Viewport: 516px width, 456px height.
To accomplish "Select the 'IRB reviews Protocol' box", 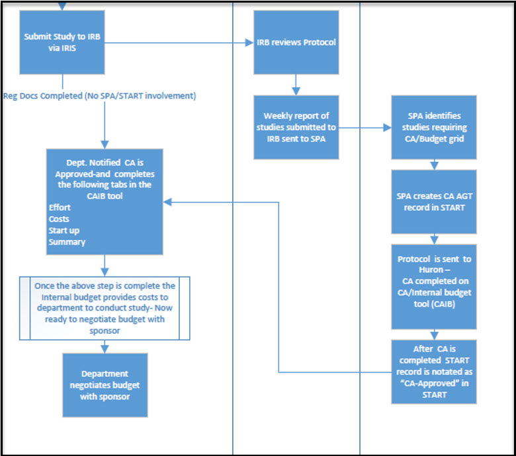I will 296,42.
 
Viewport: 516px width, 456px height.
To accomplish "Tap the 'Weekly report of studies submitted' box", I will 296,127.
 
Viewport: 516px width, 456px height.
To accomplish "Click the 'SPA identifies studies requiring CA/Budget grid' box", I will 433,127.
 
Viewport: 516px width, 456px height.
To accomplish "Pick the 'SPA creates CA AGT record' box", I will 433,202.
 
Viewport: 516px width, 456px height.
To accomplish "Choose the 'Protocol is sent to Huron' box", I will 433,287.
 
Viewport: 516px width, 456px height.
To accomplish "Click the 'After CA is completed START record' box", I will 433,371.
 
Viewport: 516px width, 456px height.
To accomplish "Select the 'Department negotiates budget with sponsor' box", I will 105,385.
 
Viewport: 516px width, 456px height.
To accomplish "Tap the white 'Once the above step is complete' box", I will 105,308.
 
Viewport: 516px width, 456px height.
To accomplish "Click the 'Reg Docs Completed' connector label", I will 99,96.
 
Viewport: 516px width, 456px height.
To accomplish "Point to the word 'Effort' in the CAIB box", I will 60,208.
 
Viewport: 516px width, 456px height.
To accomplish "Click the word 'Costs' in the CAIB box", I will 59,219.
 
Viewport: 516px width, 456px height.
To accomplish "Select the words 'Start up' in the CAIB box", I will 62,230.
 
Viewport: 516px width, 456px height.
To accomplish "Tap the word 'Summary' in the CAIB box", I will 67,242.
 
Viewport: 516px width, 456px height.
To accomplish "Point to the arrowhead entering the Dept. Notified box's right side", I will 168,202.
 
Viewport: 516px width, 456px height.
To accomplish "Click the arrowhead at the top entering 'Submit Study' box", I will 63,7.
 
